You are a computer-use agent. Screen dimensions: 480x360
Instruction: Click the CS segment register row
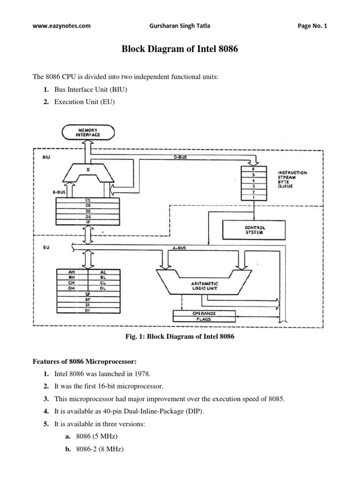coord(88,204)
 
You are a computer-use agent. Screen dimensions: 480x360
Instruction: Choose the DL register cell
coord(104,289)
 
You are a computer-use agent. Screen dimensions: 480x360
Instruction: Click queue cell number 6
coord(254,169)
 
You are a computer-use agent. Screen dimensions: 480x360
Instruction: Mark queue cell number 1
coord(254,198)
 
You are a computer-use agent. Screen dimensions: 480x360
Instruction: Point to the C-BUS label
coord(180,158)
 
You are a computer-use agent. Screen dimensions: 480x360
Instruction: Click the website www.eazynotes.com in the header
coord(61,26)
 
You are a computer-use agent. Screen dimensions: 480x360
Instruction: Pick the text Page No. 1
coord(313,26)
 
